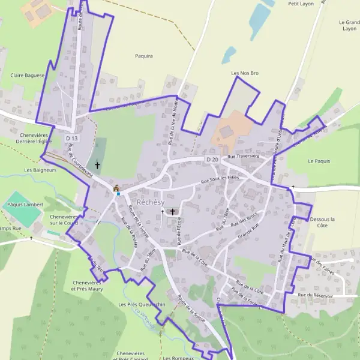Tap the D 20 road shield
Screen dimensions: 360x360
pyautogui.click(x=212, y=160)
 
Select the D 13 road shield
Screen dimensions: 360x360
pyautogui.click(x=71, y=139)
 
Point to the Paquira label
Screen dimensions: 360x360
pyautogui.click(x=145, y=56)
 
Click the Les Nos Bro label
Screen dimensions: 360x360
pyautogui.click(x=245, y=73)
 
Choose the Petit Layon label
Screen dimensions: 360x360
pyautogui.click(x=301, y=4)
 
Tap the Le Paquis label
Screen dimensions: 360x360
pyautogui.click(x=319, y=161)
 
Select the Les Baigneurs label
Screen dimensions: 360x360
pyautogui.click(x=40, y=170)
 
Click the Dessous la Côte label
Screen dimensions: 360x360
pyautogui.click(x=323, y=223)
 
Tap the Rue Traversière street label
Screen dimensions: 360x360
pyautogui.click(x=244, y=157)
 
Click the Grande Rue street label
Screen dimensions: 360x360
pyautogui.click(x=247, y=229)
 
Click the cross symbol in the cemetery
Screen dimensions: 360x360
pyautogui.click(x=97, y=164)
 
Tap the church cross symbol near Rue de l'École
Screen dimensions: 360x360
pyautogui.click(x=173, y=212)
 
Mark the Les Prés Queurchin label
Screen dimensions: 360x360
pyautogui.click(x=142, y=305)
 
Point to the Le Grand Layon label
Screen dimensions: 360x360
pyautogui.click(x=349, y=25)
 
